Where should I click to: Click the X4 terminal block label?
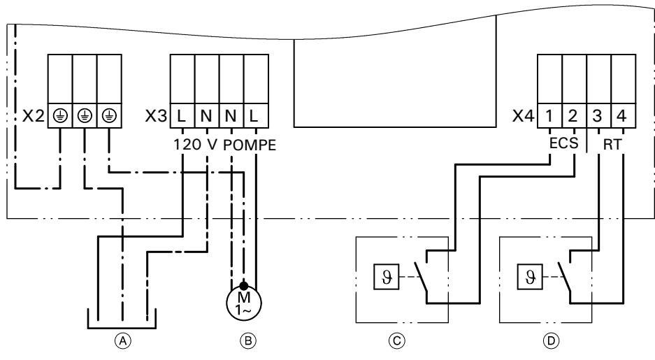524,117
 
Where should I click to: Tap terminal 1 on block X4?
549,117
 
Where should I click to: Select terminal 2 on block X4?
574,117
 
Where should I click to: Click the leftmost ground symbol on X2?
59,117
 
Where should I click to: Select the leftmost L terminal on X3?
182,117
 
